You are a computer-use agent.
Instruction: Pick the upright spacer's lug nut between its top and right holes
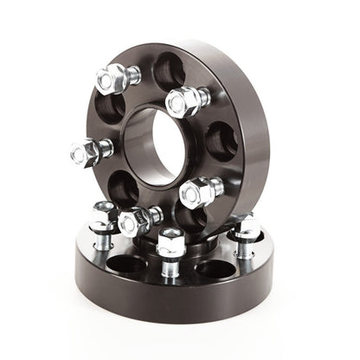(182, 103)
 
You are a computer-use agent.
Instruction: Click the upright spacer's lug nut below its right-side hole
(196, 192)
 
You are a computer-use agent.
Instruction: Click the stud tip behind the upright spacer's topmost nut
(133, 76)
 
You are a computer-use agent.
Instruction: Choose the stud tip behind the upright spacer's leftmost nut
(106, 147)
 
